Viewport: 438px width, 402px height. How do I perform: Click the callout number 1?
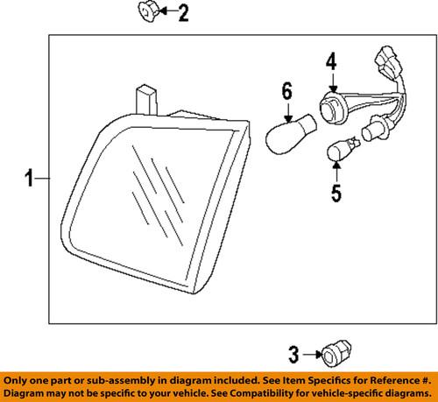[30, 178]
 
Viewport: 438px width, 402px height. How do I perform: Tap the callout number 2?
[184, 12]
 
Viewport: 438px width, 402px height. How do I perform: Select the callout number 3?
[293, 355]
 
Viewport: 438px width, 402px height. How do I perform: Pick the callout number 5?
[336, 193]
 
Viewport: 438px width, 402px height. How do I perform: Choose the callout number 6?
[286, 91]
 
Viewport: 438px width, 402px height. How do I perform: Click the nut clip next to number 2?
[148, 11]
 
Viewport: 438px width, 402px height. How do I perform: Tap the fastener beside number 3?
[336, 353]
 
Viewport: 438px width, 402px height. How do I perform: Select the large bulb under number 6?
[290, 134]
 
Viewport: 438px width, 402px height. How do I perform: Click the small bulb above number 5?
[343, 149]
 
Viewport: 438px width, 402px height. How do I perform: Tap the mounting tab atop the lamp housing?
[146, 100]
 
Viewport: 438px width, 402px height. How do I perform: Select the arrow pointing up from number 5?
[336, 172]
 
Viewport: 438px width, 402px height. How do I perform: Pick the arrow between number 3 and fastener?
[313, 355]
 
